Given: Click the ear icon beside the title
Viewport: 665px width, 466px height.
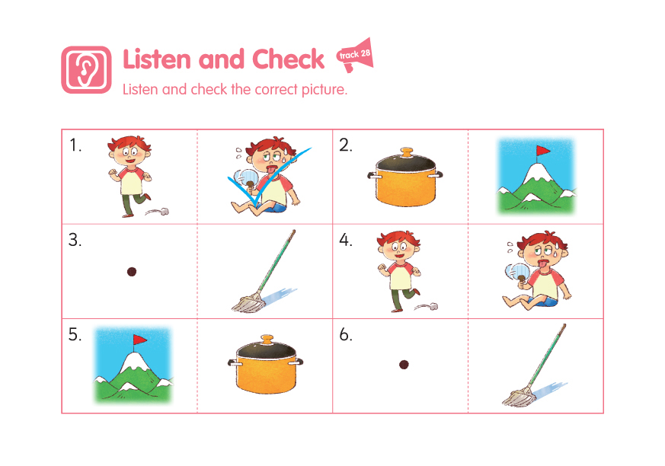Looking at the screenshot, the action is pos(87,69).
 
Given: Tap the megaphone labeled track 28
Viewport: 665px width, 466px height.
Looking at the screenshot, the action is pos(356,55).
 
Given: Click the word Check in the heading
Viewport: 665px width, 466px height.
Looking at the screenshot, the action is pos(288,59).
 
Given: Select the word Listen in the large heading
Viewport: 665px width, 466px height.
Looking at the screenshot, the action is pos(157,59).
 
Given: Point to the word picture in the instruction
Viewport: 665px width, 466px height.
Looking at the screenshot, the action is pos(324,89).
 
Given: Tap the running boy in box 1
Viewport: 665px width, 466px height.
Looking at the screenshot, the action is pos(130,176).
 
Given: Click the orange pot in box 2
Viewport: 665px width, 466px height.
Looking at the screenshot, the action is pos(405,177).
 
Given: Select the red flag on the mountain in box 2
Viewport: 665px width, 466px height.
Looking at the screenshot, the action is pos(542,151).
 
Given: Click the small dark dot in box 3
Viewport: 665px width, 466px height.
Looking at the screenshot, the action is pos(132,272).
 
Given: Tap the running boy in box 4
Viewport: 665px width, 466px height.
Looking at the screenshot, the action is pos(399,271).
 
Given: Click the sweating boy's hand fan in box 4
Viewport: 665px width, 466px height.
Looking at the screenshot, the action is pos(516,273).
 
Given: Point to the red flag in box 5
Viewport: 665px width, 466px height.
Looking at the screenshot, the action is pos(139,339).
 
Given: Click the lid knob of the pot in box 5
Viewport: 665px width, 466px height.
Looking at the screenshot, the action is pos(267,339).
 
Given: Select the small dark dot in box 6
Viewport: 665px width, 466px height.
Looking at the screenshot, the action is pos(404,364).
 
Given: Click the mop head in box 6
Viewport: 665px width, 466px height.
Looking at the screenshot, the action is pos(518,397).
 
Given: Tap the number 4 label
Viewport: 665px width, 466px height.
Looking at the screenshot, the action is pos(345,240).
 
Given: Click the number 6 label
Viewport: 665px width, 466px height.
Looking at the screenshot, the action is pos(345,335).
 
